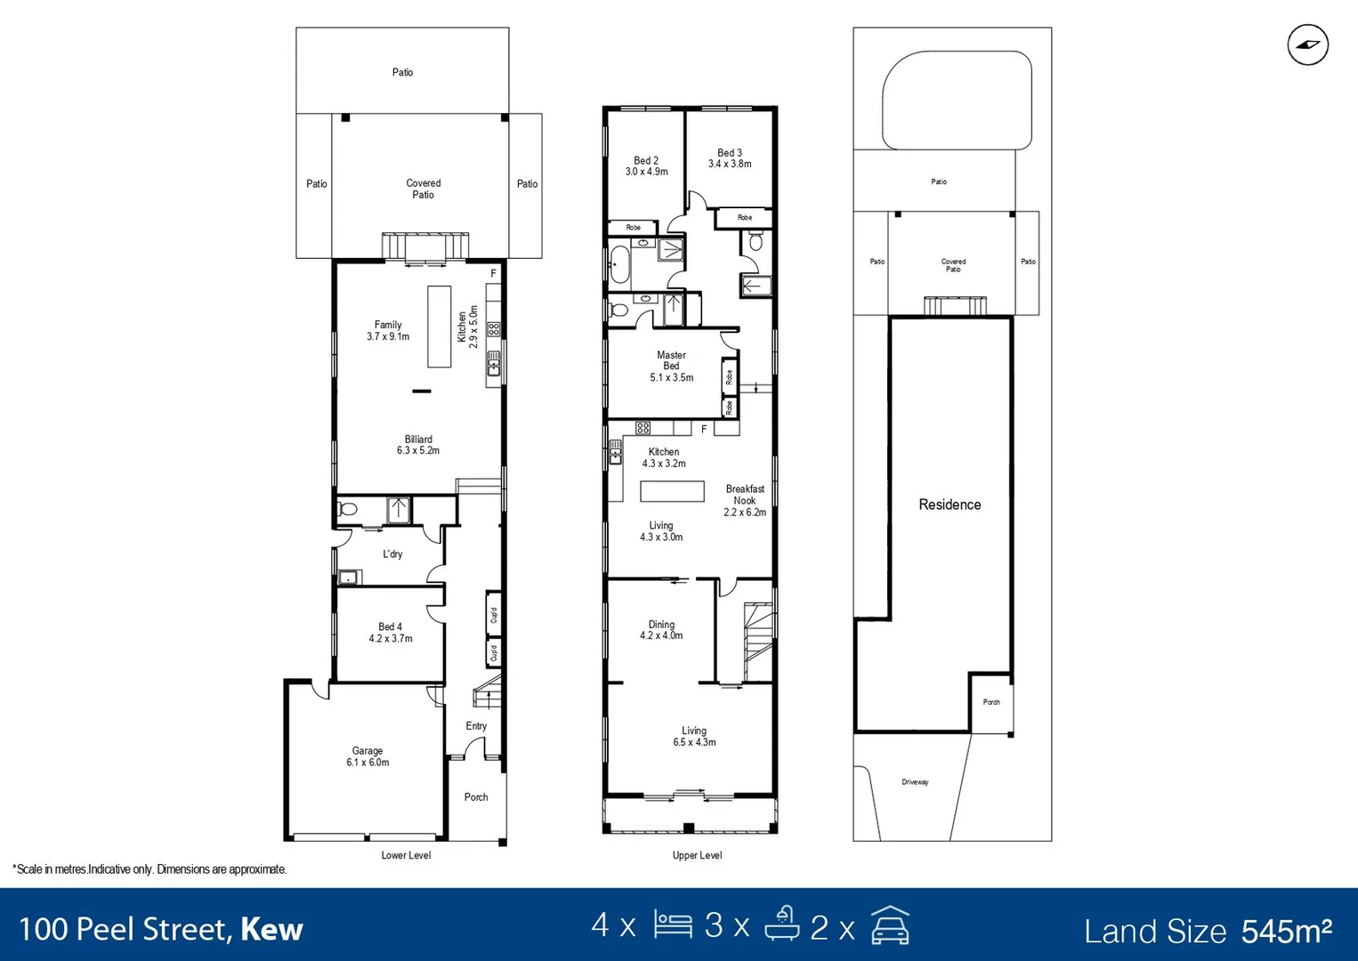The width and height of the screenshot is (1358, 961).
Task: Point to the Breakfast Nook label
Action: coord(745,495)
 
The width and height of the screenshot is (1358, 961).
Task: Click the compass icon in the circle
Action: coord(1307,45)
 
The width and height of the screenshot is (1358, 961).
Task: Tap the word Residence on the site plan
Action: coord(950,505)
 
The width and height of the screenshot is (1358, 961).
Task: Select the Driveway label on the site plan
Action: coord(915,782)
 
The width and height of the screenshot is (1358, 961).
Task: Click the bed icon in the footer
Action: coord(673,925)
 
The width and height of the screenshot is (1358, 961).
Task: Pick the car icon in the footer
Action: coord(890,925)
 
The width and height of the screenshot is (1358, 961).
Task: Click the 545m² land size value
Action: coord(1286,931)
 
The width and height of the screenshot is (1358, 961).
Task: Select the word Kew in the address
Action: coord(271,930)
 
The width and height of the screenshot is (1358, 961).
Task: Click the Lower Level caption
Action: coord(406,855)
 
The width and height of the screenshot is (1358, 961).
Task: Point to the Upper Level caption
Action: coord(697,855)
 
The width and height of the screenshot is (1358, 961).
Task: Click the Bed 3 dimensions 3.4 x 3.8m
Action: coord(730,164)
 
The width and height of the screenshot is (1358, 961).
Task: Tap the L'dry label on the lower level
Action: coord(392,553)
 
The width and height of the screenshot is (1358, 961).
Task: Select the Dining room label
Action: coord(661,625)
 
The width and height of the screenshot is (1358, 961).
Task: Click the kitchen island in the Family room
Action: coord(439,326)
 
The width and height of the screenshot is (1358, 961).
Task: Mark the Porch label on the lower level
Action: coord(476,797)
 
